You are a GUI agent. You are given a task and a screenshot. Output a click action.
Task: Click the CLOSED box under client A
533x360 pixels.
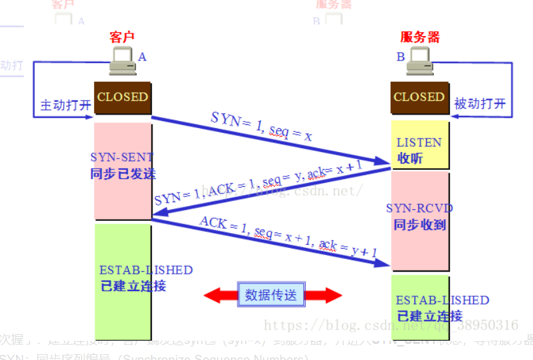point(122,97)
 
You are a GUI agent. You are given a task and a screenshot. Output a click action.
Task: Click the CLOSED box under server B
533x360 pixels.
point(419,97)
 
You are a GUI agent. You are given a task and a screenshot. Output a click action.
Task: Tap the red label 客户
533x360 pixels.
point(122,37)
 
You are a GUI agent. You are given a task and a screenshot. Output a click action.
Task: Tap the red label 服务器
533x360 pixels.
point(420,37)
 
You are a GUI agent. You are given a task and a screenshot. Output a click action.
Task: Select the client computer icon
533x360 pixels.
point(122,61)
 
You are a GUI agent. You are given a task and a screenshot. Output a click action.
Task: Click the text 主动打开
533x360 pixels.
point(66,105)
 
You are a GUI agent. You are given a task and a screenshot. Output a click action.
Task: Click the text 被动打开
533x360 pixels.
point(480,104)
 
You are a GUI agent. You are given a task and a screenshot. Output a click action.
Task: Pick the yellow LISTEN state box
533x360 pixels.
point(419,149)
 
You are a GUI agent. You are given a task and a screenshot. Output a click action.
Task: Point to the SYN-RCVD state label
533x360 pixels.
point(419,209)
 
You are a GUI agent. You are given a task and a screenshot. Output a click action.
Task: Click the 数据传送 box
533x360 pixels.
point(271,295)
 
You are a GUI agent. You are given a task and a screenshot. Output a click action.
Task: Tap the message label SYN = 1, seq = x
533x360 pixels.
point(262,126)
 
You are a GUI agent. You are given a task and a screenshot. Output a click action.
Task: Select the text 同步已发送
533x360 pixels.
point(122,174)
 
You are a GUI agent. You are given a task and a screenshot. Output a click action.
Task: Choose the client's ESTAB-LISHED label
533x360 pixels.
point(145,270)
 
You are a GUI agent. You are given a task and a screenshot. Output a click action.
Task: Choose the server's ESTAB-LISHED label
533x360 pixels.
point(442,301)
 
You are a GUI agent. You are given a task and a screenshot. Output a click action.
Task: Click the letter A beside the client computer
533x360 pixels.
point(142,57)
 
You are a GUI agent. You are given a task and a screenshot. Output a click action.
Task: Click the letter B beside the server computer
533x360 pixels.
point(400,57)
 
